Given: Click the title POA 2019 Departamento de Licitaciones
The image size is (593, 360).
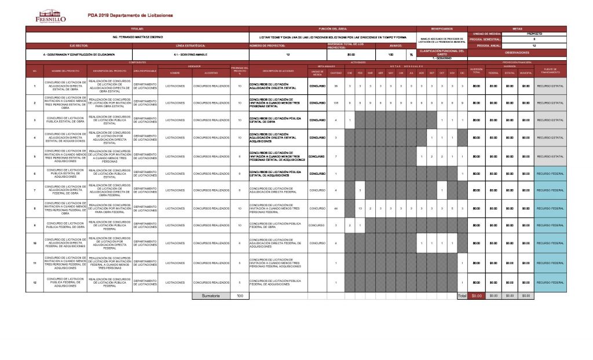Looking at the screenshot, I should click(130, 16).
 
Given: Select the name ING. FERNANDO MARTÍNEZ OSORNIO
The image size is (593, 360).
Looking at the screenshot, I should click(137, 37).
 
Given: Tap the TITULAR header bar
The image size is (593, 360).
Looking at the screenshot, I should click(137, 28).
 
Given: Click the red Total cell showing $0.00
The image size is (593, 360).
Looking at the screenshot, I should click(477, 296).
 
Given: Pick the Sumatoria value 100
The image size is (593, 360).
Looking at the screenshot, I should click(239, 296).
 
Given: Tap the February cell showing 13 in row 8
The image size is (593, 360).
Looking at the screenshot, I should click(360, 208).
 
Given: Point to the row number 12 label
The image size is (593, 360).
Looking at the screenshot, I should click(35, 282).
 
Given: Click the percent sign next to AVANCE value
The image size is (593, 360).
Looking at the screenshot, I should click(411, 54).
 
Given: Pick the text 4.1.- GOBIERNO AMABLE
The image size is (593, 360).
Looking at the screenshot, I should click(186, 54).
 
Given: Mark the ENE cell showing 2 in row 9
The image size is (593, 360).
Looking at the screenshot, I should click(350, 225).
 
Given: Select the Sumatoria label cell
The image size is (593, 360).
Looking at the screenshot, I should click(211, 296).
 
